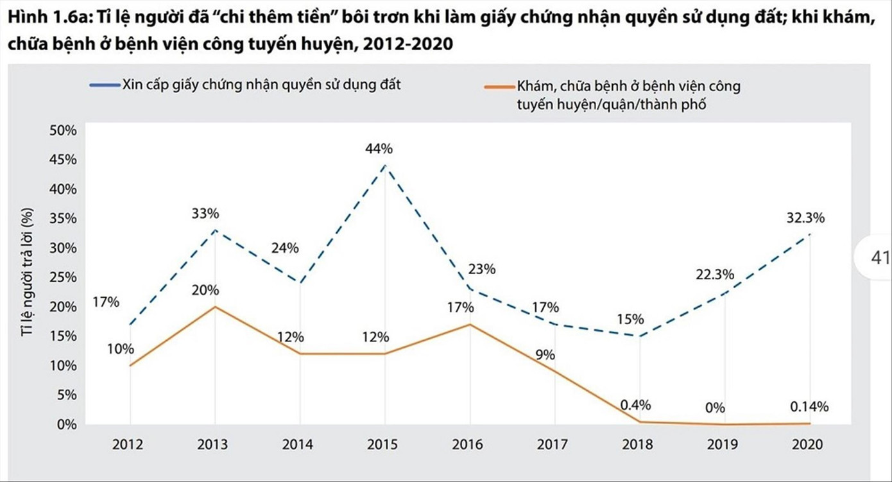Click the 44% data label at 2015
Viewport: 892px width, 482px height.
pyautogui.click(x=379, y=149)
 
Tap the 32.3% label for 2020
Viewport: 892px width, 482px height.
pyautogui.click(x=805, y=218)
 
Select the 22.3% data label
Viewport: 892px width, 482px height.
pyautogui.click(x=714, y=275)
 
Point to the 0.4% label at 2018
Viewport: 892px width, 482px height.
pyautogui.click(x=635, y=405)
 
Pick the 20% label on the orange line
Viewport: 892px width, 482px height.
pyautogui.click(x=205, y=290)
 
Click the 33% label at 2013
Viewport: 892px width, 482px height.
pyautogui.click(x=205, y=213)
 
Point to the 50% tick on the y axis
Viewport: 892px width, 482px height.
pyautogui.click(x=62, y=130)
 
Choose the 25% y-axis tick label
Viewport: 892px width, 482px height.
pyautogui.click(x=62, y=277)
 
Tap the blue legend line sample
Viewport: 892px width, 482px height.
pyautogui.click(x=104, y=85)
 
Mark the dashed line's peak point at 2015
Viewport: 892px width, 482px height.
pyautogui.click(x=384, y=165)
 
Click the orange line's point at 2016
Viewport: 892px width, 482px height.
pyautogui.click(x=470, y=324)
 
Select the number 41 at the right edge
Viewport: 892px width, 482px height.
pyautogui.click(x=879, y=258)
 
